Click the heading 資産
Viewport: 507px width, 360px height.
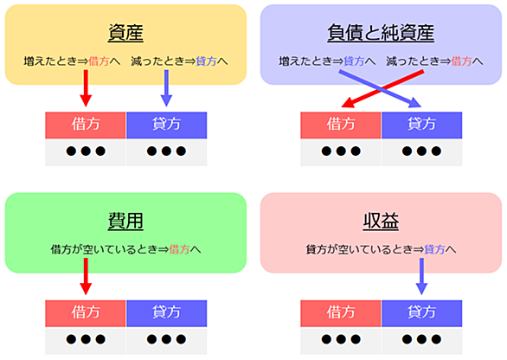[x=125, y=33]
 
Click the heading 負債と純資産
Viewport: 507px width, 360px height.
[x=381, y=33]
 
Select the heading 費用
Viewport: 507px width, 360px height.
[x=125, y=221]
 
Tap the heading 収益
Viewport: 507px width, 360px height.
[x=381, y=221]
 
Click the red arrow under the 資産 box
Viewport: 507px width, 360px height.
[x=86, y=88]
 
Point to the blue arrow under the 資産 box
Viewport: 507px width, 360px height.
[x=166, y=88]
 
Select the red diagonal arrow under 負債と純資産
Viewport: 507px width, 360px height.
[x=382, y=88]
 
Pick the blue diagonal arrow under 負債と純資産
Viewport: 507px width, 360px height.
[x=380, y=88]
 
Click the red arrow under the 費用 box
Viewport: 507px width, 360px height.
[x=86, y=277]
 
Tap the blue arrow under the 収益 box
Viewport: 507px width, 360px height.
[x=421, y=277]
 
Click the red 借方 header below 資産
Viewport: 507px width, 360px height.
[x=86, y=125]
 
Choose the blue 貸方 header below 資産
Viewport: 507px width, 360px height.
[x=166, y=125]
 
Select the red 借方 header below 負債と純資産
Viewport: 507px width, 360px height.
[x=341, y=125]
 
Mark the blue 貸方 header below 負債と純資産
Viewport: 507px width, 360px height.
[x=421, y=125]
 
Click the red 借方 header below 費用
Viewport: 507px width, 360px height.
[x=86, y=313]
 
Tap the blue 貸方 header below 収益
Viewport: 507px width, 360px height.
[x=421, y=313]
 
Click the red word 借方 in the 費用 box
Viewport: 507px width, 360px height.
[x=179, y=249]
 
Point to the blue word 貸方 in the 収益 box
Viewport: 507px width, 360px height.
[x=434, y=249]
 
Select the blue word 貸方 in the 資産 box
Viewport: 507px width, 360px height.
[x=206, y=61]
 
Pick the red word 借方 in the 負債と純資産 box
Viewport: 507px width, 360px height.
[x=461, y=61]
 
